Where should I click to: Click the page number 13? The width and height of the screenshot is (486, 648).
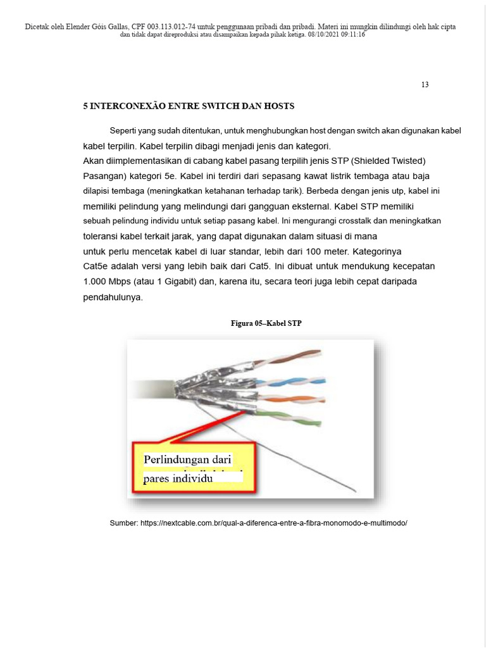click(425, 85)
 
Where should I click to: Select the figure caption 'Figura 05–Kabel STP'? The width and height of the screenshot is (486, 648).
click(266, 323)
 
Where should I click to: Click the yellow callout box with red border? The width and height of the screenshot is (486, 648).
click(194, 468)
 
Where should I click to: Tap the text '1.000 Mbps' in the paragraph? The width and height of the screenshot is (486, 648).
click(105, 281)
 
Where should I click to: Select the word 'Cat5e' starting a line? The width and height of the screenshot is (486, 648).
click(96, 266)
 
